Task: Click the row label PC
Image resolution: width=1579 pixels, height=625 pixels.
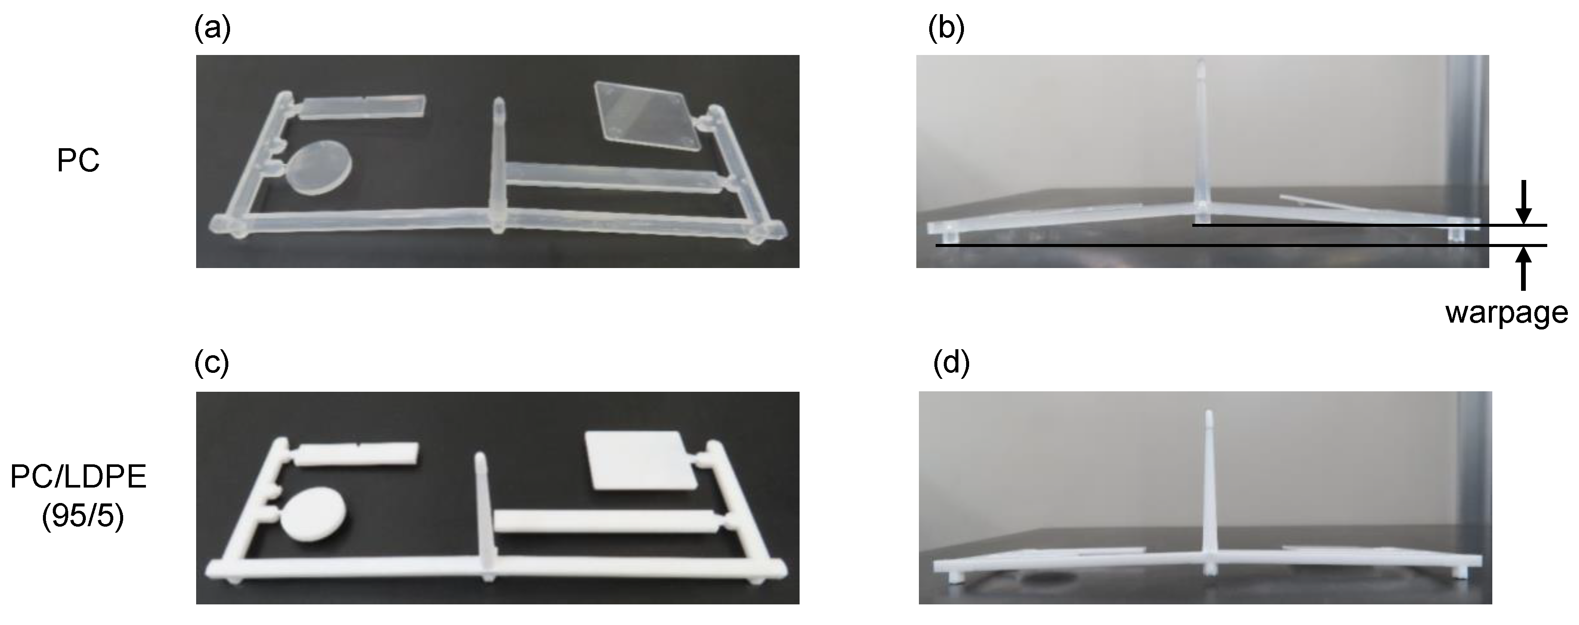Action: tap(78, 162)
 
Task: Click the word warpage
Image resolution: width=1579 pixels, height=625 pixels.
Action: tap(1506, 312)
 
